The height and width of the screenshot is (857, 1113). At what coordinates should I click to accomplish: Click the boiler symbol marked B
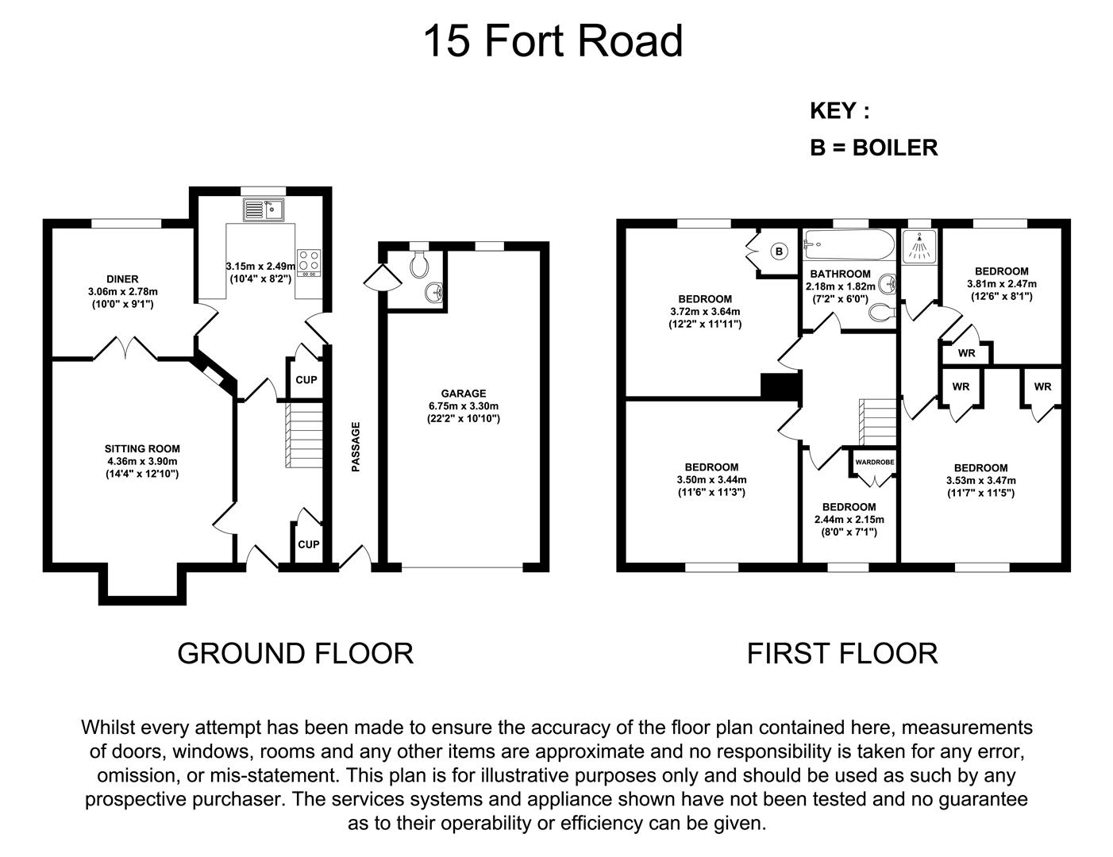click(x=779, y=252)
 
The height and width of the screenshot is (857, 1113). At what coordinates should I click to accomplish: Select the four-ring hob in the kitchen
click(x=308, y=263)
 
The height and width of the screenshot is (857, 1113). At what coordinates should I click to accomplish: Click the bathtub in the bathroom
click(x=849, y=244)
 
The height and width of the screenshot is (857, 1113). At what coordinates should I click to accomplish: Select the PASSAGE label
click(x=356, y=447)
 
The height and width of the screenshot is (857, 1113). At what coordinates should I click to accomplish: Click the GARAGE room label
click(x=464, y=393)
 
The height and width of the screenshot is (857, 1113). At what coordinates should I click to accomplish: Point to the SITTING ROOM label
click(x=142, y=448)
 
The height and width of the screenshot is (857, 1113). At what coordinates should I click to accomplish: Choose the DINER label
click(x=122, y=279)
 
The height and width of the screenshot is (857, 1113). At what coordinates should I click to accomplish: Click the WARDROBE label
click(x=875, y=462)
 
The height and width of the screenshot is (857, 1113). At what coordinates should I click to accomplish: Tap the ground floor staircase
click(x=304, y=435)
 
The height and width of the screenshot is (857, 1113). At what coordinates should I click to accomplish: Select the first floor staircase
click(x=877, y=422)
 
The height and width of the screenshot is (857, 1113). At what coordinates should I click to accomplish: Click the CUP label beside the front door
click(x=308, y=544)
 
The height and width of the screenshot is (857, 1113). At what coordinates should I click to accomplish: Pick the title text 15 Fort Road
click(x=553, y=41)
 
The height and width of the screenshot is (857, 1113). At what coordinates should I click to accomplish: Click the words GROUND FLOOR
click(x=295, y=654)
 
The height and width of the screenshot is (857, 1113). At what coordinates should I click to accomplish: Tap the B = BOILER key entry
click(x=874, y=148)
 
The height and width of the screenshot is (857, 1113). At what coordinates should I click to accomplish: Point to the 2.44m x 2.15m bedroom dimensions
click(x=849, y=519)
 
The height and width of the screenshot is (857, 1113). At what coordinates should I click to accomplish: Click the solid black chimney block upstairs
click(x=780, y=386)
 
